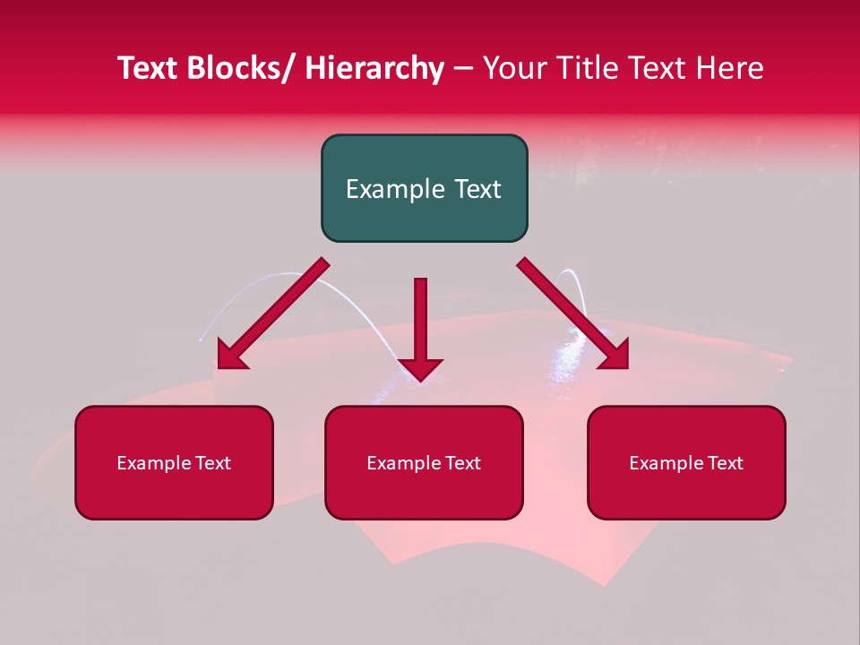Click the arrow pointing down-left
(x=270, y=317)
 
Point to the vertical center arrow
(x=420, y=322)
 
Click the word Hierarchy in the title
(x=374, y=68)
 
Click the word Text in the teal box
(x=476, y=189)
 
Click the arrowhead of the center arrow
(x=420, y=368)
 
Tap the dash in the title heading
(x=463, y=69)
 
